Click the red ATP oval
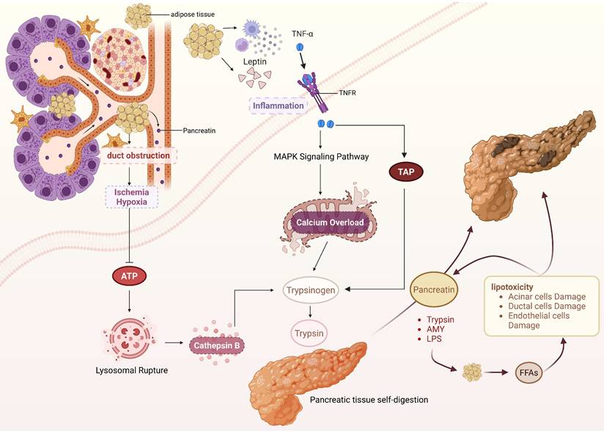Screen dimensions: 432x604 click(x=128, y=277)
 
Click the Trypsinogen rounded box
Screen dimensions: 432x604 click(x=312, y=290)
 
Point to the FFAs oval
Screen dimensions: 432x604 click(x=531, y=372)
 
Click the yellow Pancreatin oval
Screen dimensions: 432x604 click(x=435, y=290)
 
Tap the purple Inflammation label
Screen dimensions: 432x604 click(x=278, y=106)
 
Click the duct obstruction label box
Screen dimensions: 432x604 click(x=139, y=155)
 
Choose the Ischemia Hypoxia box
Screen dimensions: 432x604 click(x=130, y=196)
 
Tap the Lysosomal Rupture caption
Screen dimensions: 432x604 click(x=132, y=370)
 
